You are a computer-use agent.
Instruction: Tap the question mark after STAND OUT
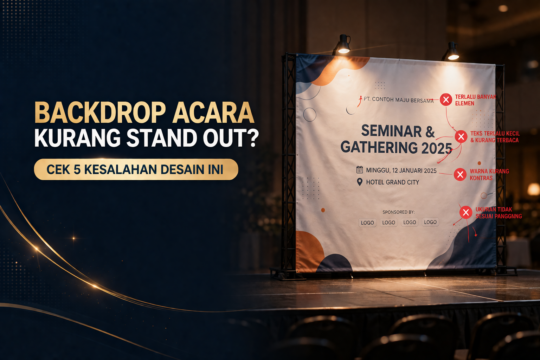click(252, 138)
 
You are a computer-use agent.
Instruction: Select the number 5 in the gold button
click(77, 170)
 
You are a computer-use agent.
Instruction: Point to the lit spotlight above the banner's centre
click(343, 46)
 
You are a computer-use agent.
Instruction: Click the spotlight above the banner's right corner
click(453, 52)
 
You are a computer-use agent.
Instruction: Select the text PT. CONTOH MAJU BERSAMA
click(399, 100)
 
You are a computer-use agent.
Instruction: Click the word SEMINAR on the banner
click(391, 131)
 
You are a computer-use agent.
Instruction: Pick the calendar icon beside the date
click(359, 170)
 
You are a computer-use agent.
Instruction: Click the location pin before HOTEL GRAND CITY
click(359, 182)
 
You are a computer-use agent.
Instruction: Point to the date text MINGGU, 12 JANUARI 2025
click(401, 171)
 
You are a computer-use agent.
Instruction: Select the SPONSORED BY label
click(399, 212)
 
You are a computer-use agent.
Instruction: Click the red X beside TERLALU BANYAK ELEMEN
click(446, 100)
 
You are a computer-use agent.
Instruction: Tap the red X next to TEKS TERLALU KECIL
click(461, 136)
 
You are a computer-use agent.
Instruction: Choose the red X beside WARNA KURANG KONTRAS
click(460, 174)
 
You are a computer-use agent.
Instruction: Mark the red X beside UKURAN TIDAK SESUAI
click(466, 212)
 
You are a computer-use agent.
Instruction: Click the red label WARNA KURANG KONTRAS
click(489, 175)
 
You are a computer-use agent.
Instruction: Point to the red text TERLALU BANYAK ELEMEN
click(475, 100)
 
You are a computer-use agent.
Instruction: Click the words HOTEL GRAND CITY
click(392, 182)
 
